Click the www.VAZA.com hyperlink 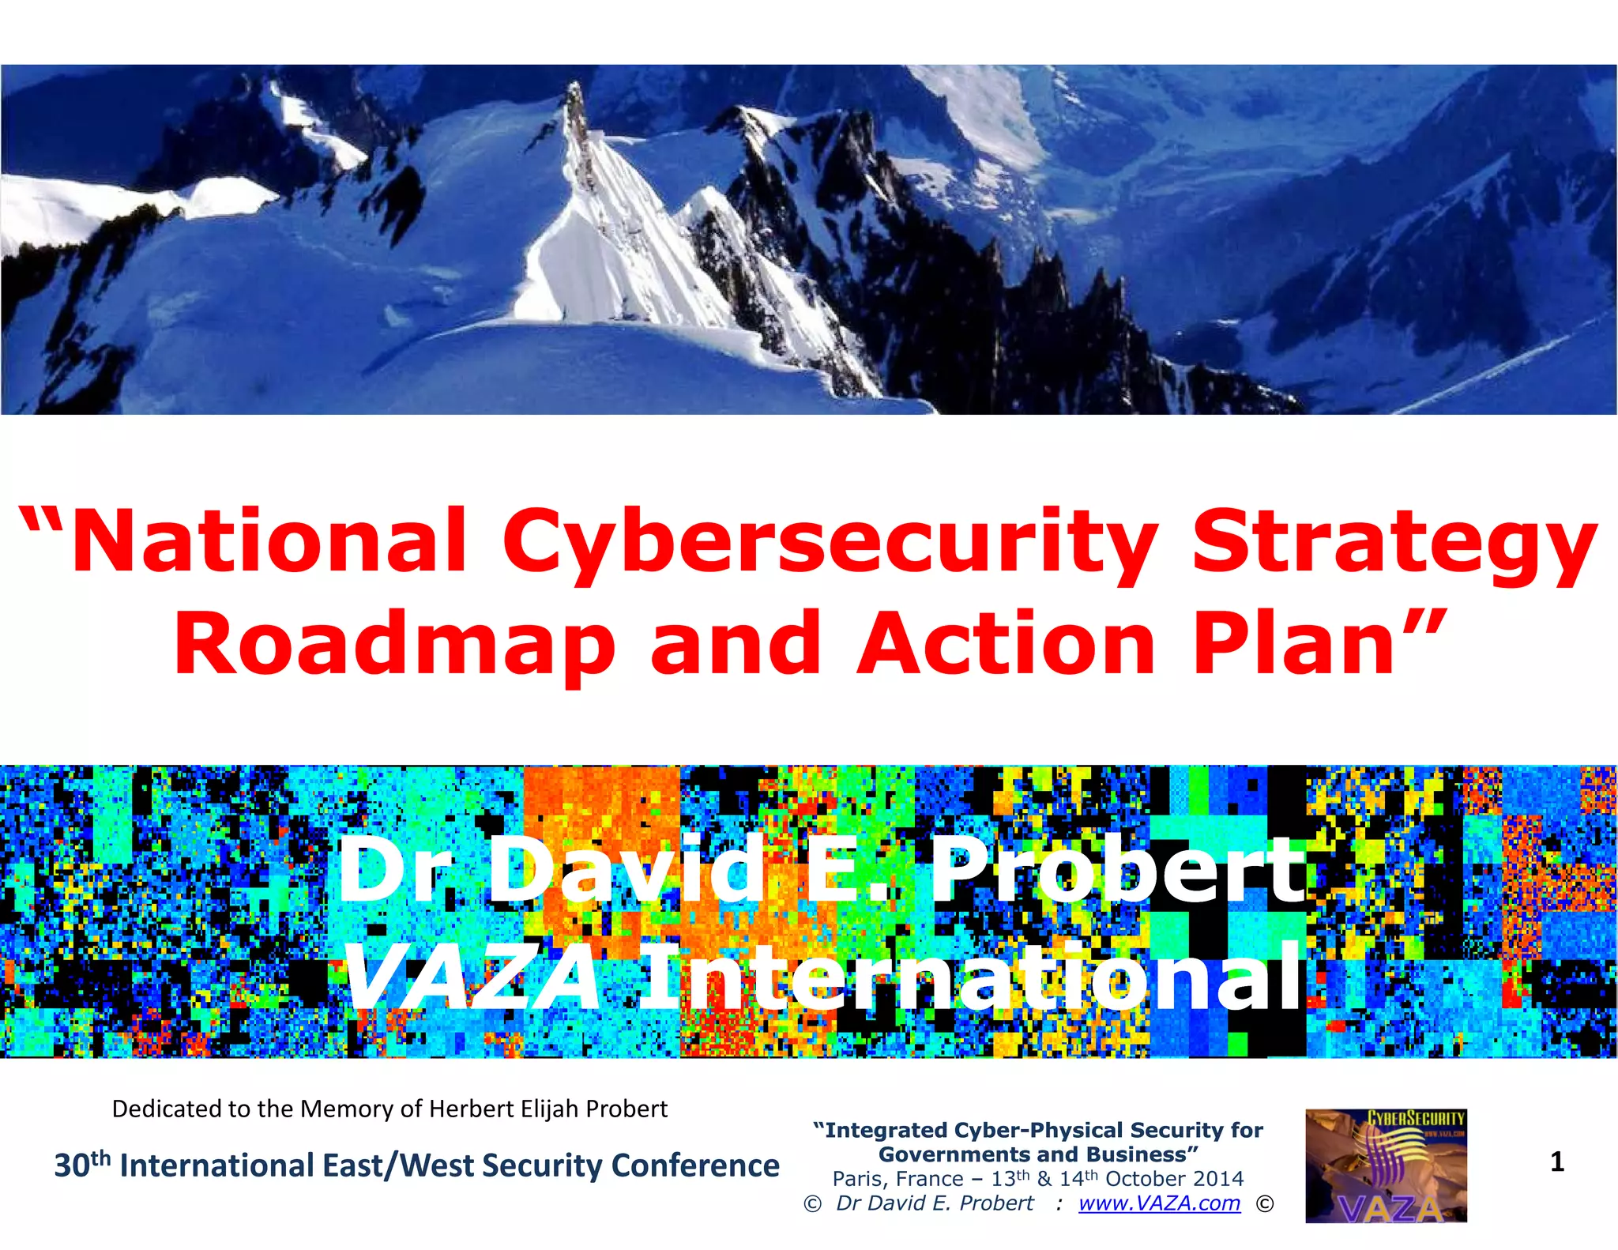[x=1159, y=1203]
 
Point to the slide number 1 [x=1557, y=1162]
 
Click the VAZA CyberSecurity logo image [x=1386, y=1166]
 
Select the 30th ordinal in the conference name [x=81, y=1165]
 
